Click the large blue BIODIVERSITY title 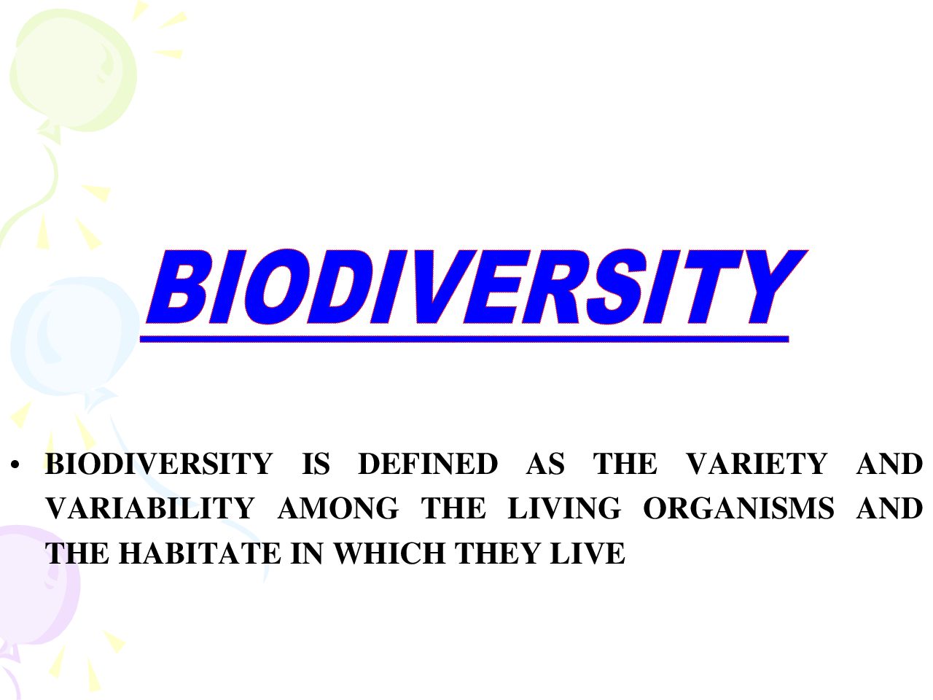pos(476,287)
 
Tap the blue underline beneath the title pos(464,339)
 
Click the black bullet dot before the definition pos(15,465)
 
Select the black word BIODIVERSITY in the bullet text pos(159,464)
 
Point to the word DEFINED pos(428,464)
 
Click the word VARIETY pos(757,464)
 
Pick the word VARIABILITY pos(150,508)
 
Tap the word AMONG pos(338,508)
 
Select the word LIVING pos(564,508)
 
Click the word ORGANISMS pos(739,508)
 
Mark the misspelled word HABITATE pos(200,553)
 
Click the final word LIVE pos(587,553)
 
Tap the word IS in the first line pos(316,464)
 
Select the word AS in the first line pos(545,464)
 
